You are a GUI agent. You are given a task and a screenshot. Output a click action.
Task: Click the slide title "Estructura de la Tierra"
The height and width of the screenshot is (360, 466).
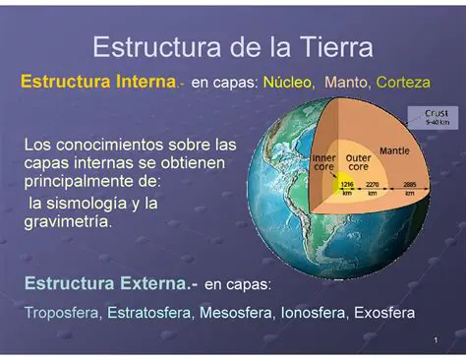[232, 47]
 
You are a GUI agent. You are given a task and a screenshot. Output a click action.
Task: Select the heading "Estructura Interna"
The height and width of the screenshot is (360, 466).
[97, 83]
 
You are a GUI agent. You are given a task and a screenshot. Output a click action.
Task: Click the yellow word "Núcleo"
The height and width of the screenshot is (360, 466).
[288, 84]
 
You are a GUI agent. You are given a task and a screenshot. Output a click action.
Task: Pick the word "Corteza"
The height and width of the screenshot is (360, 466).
[403, 84]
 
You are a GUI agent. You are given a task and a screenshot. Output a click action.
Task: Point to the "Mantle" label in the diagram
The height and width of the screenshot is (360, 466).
[394, 151]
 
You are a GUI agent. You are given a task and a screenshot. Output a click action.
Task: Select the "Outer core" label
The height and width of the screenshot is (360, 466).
[359, 161]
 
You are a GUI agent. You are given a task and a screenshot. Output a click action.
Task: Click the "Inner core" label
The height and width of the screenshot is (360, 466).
[323, 161]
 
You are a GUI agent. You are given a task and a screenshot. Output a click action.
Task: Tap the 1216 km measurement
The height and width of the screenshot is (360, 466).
[346, 188]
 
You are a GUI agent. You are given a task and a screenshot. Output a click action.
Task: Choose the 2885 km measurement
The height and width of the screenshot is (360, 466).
[409, 188]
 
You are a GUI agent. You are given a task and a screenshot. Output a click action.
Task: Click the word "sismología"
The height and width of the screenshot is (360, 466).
[81, 204]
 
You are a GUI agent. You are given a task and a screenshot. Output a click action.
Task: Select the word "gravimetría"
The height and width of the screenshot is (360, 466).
[67, 222]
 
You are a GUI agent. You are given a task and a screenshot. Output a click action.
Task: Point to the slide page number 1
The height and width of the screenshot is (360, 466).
[434, 340]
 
